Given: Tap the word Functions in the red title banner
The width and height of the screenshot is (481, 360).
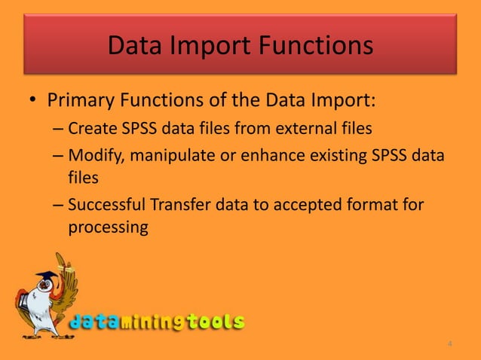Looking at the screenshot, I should tap(317, 46).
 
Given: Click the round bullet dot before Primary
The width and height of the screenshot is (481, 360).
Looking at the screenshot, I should tap(30, 101).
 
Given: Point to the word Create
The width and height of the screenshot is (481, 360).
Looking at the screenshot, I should tap(88, 128).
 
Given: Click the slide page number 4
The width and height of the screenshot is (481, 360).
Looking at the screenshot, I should tap(450, 345).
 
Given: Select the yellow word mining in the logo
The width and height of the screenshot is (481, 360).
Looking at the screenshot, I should tap(151, 322).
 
